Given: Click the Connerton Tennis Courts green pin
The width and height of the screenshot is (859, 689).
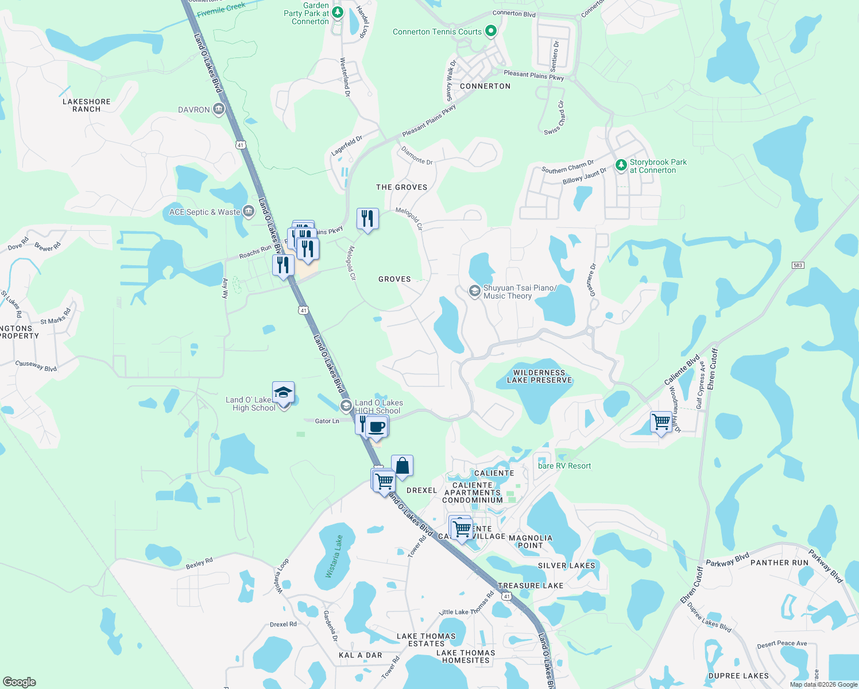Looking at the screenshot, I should coord(490,31).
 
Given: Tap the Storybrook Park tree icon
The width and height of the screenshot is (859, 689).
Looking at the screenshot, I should coord(621,165).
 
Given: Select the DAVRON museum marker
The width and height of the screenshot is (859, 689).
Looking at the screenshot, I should coord(218,109).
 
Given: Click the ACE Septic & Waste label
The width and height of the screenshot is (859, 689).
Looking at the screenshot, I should coord(204,212).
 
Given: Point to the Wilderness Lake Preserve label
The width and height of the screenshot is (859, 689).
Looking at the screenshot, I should coord(539,376).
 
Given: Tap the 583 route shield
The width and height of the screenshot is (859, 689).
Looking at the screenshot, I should coord(798,265).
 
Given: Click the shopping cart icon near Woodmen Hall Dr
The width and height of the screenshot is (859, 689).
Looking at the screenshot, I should coord(661,421).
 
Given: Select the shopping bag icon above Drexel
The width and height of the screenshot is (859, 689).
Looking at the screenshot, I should coord(402,465).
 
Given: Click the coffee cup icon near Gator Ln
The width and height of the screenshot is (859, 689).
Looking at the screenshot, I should coord(377,427).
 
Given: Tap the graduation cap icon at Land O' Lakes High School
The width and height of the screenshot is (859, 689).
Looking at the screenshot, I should coord(283,393).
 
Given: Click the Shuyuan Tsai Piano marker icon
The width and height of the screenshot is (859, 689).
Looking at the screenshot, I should coord(474,291).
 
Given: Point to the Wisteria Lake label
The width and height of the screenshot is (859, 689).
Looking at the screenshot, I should coord(334,556).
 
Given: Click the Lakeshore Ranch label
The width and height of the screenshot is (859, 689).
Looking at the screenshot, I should coord(87,105).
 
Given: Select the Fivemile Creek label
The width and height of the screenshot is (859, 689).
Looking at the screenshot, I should coord(220,9).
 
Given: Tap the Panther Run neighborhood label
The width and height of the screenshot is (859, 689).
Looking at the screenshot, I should coord(779,563).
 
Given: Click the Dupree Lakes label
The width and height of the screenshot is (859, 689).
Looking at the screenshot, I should coord(738,676).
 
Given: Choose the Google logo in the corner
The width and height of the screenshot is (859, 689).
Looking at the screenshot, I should coord(20,682).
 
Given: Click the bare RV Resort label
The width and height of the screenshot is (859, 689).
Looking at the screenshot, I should coord(564,466).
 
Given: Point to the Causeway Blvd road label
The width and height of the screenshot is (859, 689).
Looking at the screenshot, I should coord(36,365).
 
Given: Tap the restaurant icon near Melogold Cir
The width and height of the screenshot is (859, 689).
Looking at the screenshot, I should coord(367,218).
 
